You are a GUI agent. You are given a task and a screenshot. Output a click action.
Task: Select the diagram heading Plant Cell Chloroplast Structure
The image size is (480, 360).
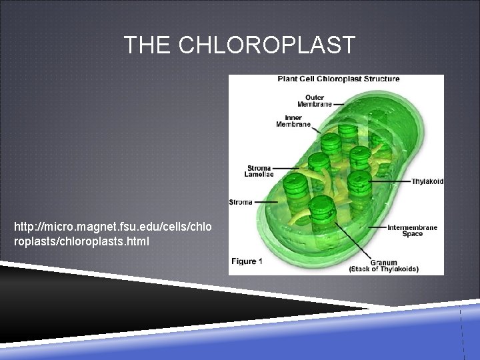(339, 79)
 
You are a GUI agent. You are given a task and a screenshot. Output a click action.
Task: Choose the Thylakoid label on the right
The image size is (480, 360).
(427, 181)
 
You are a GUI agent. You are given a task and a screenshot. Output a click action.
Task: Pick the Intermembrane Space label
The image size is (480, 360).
(412, 231)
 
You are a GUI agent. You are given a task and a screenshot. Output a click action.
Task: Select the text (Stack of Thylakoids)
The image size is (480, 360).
(384, 269)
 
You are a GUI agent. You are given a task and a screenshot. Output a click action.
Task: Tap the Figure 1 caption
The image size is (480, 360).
(246, 261)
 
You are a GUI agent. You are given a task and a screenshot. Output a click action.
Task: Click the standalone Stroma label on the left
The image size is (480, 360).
(240, 201)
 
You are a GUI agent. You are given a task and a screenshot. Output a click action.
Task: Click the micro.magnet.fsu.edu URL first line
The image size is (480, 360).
(113, 229)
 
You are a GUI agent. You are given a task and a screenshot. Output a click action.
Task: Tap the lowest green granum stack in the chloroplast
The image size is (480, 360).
(323, 209)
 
